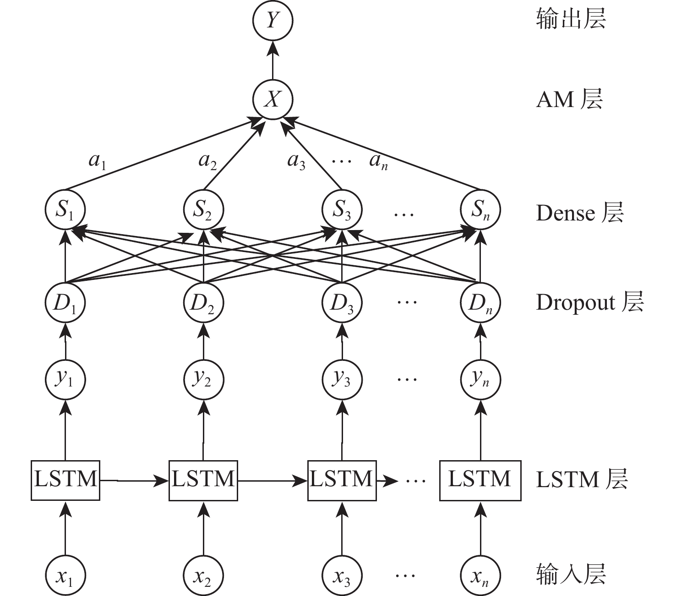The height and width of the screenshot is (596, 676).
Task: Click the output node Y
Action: pyautogui.click(x=273, y=21)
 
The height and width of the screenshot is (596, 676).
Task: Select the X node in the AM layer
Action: pyautogui.click(x=273, y=99)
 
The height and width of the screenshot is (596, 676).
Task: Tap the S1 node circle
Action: pyautogui.click(x=65, y=210)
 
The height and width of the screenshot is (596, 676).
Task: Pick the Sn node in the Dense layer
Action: pyautogui.click(x=480, y=210)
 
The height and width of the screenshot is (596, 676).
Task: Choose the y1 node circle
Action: pyautogui.click(x=65, y=379)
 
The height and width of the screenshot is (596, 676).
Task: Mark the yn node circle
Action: pyautogui.click(x=480, y=379)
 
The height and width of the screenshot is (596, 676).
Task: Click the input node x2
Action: pyautogui.click(x=203, y=576)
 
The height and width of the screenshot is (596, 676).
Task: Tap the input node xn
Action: pyautogui.click(x=480, y=576)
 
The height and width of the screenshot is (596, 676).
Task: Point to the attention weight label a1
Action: pyautogui.click(x=97, y=161)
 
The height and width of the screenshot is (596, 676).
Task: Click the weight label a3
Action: pyautogui.click(x=296, y=161)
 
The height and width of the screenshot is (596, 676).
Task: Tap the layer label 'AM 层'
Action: pyautogui.click(x=569, y=99)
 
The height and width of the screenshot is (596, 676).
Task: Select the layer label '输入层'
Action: pyautogui.click(x=571, y=575)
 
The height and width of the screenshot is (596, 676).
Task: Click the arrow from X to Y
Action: pyautogui.click(x=273, y=60)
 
